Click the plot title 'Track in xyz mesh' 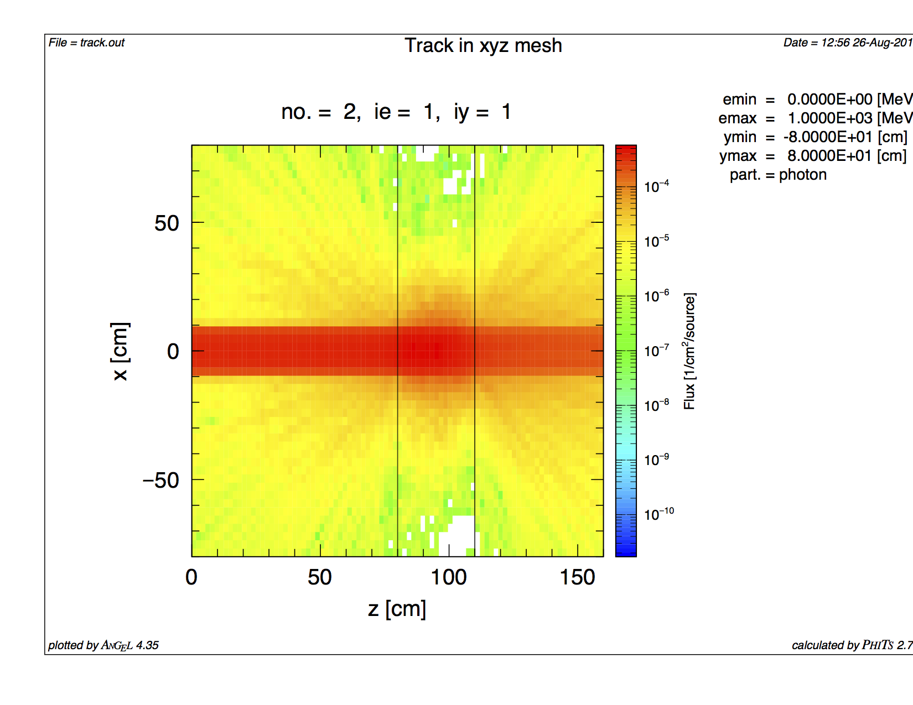pos(483,45)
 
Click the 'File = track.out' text pos(86,43)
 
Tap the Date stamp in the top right pos(847,43)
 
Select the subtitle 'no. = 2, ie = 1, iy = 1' pos(396,112)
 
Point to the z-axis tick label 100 pos(448,577)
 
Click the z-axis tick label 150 pos(577,577)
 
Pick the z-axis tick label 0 pos(191,577)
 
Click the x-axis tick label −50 pos(161,481)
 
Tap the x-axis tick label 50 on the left pos(167,223)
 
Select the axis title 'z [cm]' pos(397,609)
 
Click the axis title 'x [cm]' pos(120,351)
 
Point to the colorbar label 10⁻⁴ pos(656,186)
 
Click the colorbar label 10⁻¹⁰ pos(658,514)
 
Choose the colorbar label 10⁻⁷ pos(656,350)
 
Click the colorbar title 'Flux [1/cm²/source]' pos(689,351)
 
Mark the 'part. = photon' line pos(778,175)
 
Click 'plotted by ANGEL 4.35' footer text pos(103,645)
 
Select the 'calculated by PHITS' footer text pos(851,645)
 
